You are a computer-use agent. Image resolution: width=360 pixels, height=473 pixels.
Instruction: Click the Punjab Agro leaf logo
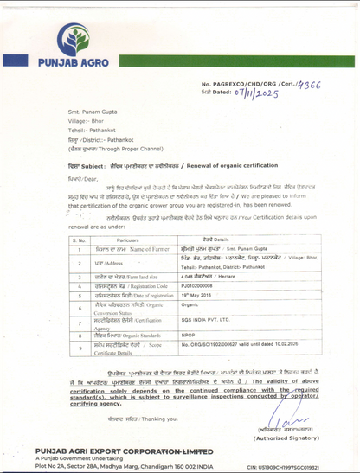pos(73,39)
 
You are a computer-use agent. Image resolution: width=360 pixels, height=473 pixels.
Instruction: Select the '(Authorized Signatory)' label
pos(282,438)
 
